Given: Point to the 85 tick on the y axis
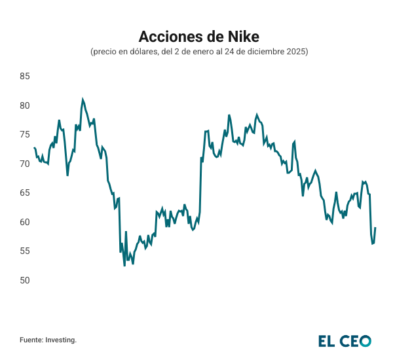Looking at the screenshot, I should click(x=25, y=77).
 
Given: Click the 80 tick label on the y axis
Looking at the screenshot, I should click(x=25, y=105).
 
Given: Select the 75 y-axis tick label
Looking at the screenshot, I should click(x=25, y=135).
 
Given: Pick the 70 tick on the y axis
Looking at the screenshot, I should click(x=25, y=164).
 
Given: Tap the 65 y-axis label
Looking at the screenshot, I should click(x=25, y=193).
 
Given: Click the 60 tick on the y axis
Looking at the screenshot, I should click(x=25, y=222).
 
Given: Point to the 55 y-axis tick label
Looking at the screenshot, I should click(x=25, y=251).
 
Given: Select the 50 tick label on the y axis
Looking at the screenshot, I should click(x=25, y=280).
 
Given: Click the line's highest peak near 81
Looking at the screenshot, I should click(x=83, y=99).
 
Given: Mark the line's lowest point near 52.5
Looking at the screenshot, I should click(x=124, y=266).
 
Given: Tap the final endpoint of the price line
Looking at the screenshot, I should click(x=375, y=228).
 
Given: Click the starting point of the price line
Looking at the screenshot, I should click(x=34, y=148).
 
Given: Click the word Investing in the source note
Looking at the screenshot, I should click(x=62, y=340).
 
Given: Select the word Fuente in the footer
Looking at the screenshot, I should click(x=31, y=340).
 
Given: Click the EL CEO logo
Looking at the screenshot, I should click(x=345, y=340).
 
